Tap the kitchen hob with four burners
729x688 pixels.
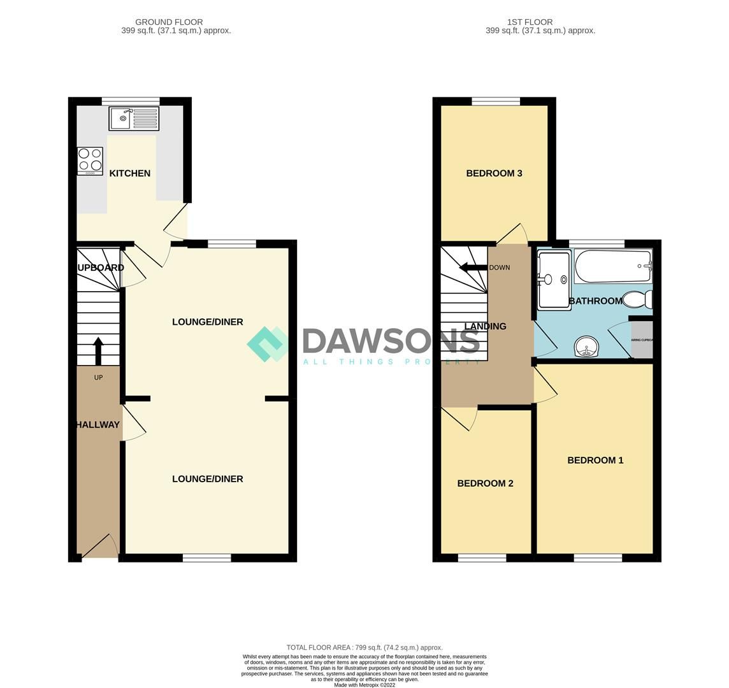click(x=90, y=161)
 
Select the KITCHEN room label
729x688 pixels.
click(x=129, y=173)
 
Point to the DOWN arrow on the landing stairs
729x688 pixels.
click(x=472, y=268)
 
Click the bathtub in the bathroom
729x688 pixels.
click(x=613, y=266)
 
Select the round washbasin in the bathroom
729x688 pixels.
click(x=586, y=348)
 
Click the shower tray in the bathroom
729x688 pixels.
click(x=554, y=280)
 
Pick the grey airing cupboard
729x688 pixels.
click(x=642, y=340)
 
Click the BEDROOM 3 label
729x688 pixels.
click(x=494, y=173)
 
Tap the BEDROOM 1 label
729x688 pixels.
click(x=595, y=460)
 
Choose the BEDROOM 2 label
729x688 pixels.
click(x=485, y=484)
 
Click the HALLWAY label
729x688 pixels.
click(x=97, y=425)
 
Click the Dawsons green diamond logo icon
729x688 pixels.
click(x=268, y=344)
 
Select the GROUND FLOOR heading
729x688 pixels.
click(x=169, y=22)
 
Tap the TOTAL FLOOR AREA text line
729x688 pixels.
click(x=364, y=647)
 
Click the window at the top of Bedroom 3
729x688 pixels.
click(x=496, y=101)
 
